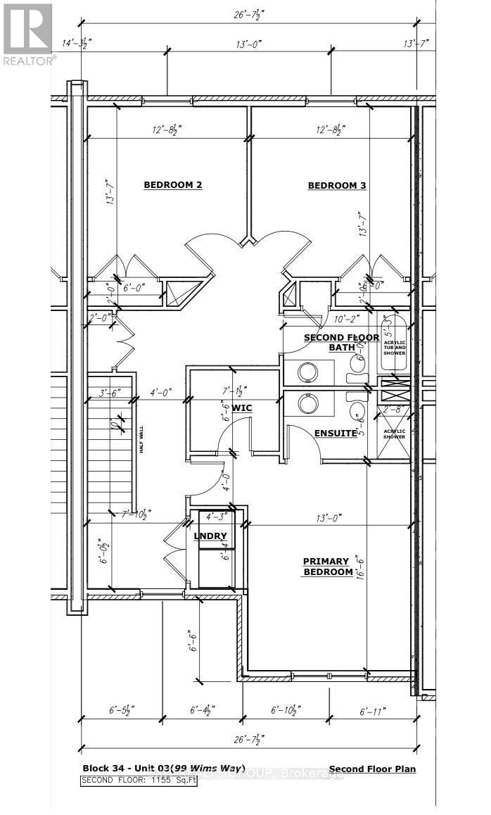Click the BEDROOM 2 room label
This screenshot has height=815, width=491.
(x=173, y=185)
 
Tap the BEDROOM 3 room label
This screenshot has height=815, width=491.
(x=337, y=186)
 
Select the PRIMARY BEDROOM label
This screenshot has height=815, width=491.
(x=326, y=567)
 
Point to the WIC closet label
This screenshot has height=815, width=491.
(x=242, y=408)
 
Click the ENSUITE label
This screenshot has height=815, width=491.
(x=336, y=433)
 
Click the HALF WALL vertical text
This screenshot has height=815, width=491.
(x=141, y=440)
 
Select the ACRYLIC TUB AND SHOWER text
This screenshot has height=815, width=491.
(x=394, y=344)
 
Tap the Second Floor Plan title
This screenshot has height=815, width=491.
(x=372, y=769)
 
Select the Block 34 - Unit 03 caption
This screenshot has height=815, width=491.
(x=163, y=769)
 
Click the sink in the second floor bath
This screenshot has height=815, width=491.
(x=307, y=371)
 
